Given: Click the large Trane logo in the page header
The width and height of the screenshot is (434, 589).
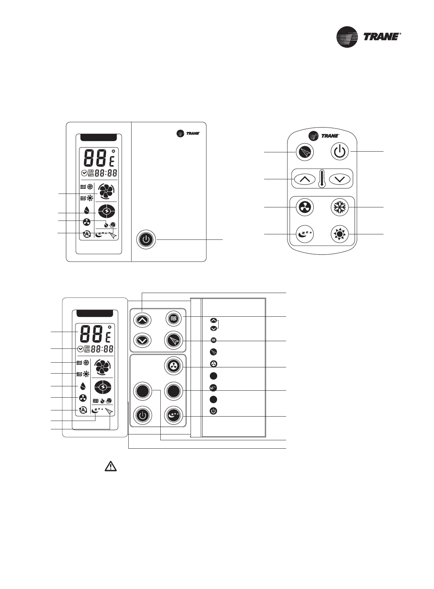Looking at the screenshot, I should pos(368,37).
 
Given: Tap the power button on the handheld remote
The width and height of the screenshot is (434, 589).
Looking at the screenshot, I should pos(339,152).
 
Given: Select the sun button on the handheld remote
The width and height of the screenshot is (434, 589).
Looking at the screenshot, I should pos(339,234).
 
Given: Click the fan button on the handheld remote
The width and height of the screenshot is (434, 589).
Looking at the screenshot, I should pos(305,207).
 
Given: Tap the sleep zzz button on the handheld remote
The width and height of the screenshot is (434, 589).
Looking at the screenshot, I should pos(305,234).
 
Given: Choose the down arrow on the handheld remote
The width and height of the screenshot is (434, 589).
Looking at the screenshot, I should pos(339,179).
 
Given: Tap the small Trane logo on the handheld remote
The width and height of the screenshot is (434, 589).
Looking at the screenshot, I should pos(324,136).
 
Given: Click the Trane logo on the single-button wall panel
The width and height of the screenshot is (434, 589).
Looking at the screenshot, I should pos(188,133).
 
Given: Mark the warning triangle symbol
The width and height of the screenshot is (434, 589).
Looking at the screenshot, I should pos(110,466).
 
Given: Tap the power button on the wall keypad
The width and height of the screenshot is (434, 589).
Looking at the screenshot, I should pos(142,415).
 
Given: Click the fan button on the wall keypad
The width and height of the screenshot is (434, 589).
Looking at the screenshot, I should pos(173,366).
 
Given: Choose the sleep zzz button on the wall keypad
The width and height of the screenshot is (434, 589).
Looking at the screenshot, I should pos(173,415).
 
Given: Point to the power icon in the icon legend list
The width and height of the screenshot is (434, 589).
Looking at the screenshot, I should pos(214,411).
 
